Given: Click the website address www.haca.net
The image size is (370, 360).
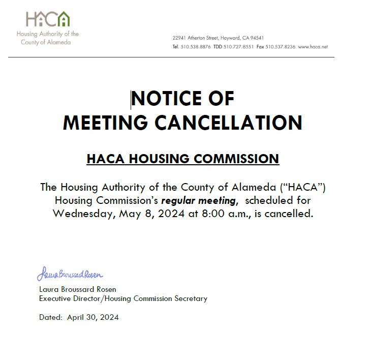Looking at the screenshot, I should pyautogui.click(x=313, y=47).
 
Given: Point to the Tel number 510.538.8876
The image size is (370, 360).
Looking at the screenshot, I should pyautogui.click(x=196, y=47).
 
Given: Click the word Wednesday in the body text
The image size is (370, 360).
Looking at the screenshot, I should pyautogui.click(x=84, y=214).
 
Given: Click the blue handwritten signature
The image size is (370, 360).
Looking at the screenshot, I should pyautogui.click(x=70, y=275).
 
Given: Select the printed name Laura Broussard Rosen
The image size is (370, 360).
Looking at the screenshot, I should pyautogui.click(x=78, y=289).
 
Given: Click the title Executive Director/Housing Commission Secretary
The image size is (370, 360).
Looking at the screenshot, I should pyautogui.click(x=123, y=298).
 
